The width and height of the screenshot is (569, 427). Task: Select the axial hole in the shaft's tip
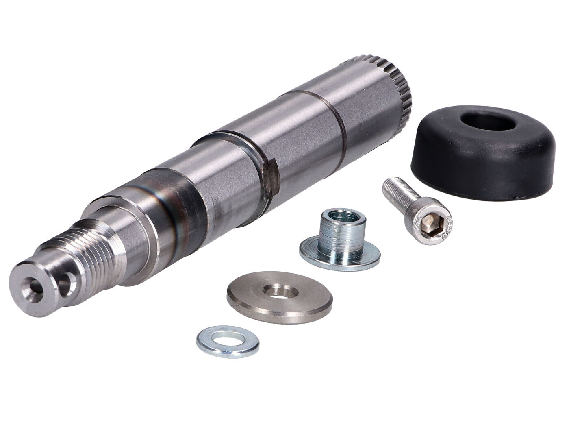(30, 285)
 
